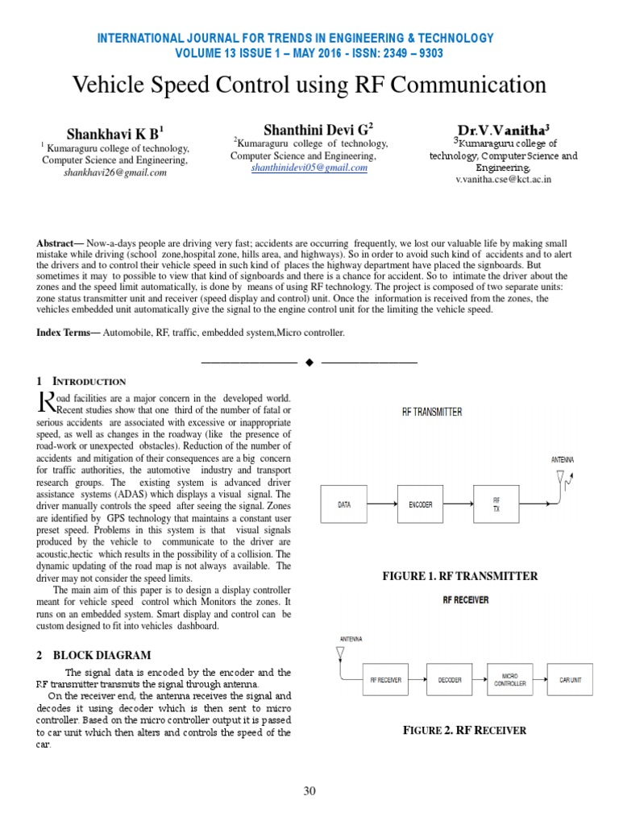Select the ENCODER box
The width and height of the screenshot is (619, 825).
pyautogui.click(x=420, y=505)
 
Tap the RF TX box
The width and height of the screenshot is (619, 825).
pyautogui.click(x=496, y=505)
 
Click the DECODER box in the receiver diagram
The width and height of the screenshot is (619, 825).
pyautogui.click(x=450, y=680)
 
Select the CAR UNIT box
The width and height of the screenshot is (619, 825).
pyautogui.click(x=575, y=680)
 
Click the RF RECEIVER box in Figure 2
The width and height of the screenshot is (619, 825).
pyautogui.click(x=385, y=680)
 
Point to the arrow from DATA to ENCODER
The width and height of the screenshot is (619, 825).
pyautogui.click(x=386, y=505)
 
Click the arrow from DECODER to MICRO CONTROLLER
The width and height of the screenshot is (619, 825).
pyautogui.click(x=481, y=680)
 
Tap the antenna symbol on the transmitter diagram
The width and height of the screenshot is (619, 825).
pyautogui.click(x=561, y=479)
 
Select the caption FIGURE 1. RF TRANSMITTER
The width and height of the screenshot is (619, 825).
pyautogui.click(x=459, y=576)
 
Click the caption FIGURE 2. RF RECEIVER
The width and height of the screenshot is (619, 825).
pyautogui.click(x=464, y=731)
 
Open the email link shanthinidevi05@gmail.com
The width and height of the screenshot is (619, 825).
pyautogui.click(x=309, y=168)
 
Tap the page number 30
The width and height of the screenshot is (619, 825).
pyautogui.click(x=309, y=790)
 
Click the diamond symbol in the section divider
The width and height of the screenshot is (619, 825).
pyautogui.click(x=309, y=363)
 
